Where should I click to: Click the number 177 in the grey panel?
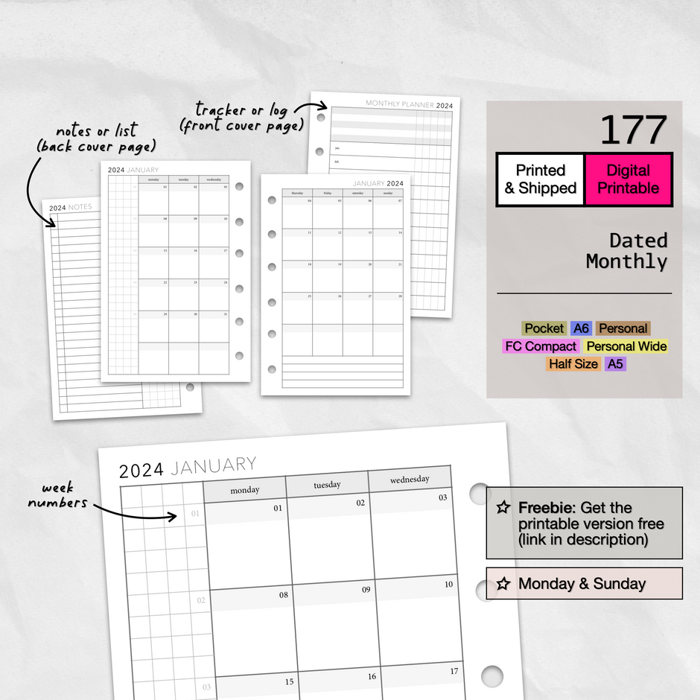click(x=632, y=130)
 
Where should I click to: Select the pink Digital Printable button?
click(x=628, y=179)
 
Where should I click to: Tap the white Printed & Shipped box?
click(x=541, y=179)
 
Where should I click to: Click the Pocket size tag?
click(x=544, y=328)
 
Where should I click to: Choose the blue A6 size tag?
click(x=581, y=328)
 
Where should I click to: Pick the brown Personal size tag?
click(x=623, y=328)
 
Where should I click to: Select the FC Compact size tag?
click(x=541, y=346)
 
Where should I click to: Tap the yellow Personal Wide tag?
click(x=626, y=346)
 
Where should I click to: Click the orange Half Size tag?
click(x=573, y=364)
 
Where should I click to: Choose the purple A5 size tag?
click(x=615, y=364)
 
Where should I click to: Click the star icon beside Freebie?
click(x=503, y=508)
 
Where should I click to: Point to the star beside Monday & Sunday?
click(x=503, y=584)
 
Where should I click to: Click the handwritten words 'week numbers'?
click(x=57, y=496)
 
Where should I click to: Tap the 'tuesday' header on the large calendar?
click(x=327, y=485)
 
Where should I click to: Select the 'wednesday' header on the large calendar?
click(x=410, y=480)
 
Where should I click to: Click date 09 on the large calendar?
click(x=366, y=590)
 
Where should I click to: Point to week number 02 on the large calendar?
click(x=200, y=600)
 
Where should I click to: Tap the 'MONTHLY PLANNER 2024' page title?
click(x=409, y=105)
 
